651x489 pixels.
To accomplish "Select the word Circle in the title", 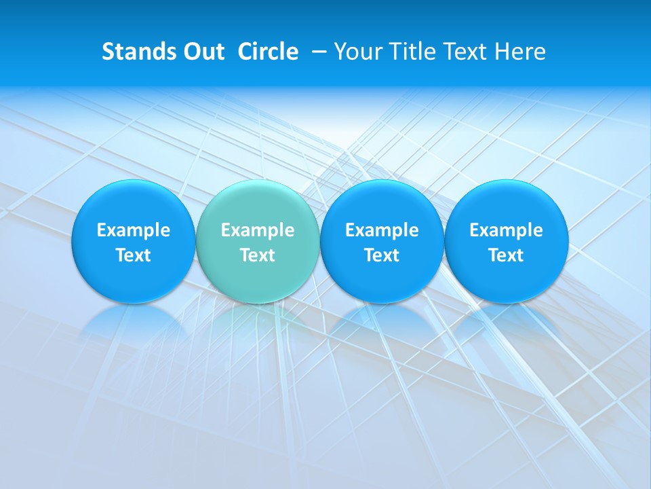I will [268, 52].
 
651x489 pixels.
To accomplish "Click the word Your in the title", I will [357, 52].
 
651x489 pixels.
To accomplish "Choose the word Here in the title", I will [519, 52].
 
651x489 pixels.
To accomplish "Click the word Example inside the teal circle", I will [258, 231].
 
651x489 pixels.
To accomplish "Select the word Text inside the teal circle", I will [258, 256].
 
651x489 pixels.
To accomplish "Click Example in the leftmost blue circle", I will [134, 231].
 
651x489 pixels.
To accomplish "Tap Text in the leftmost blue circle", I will [134, 256].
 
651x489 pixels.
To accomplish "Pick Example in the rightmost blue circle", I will [506, 231].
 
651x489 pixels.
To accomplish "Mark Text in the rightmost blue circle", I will [506, 256].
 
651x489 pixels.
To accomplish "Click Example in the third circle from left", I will [382, 231].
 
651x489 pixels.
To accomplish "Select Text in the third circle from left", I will [382, 256].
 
